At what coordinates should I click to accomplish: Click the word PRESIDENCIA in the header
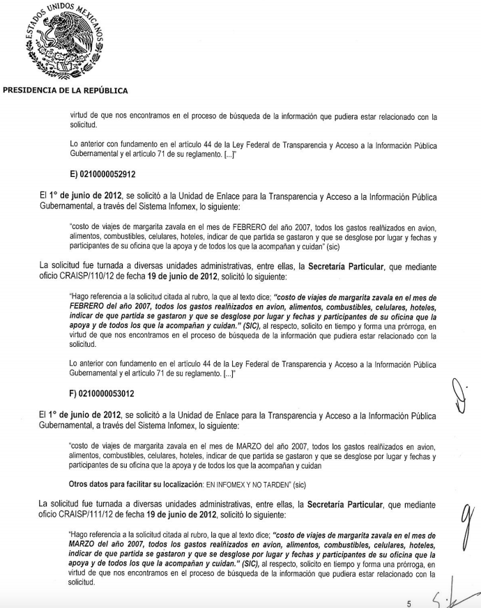pyautogui.click(x=31, y=90)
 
